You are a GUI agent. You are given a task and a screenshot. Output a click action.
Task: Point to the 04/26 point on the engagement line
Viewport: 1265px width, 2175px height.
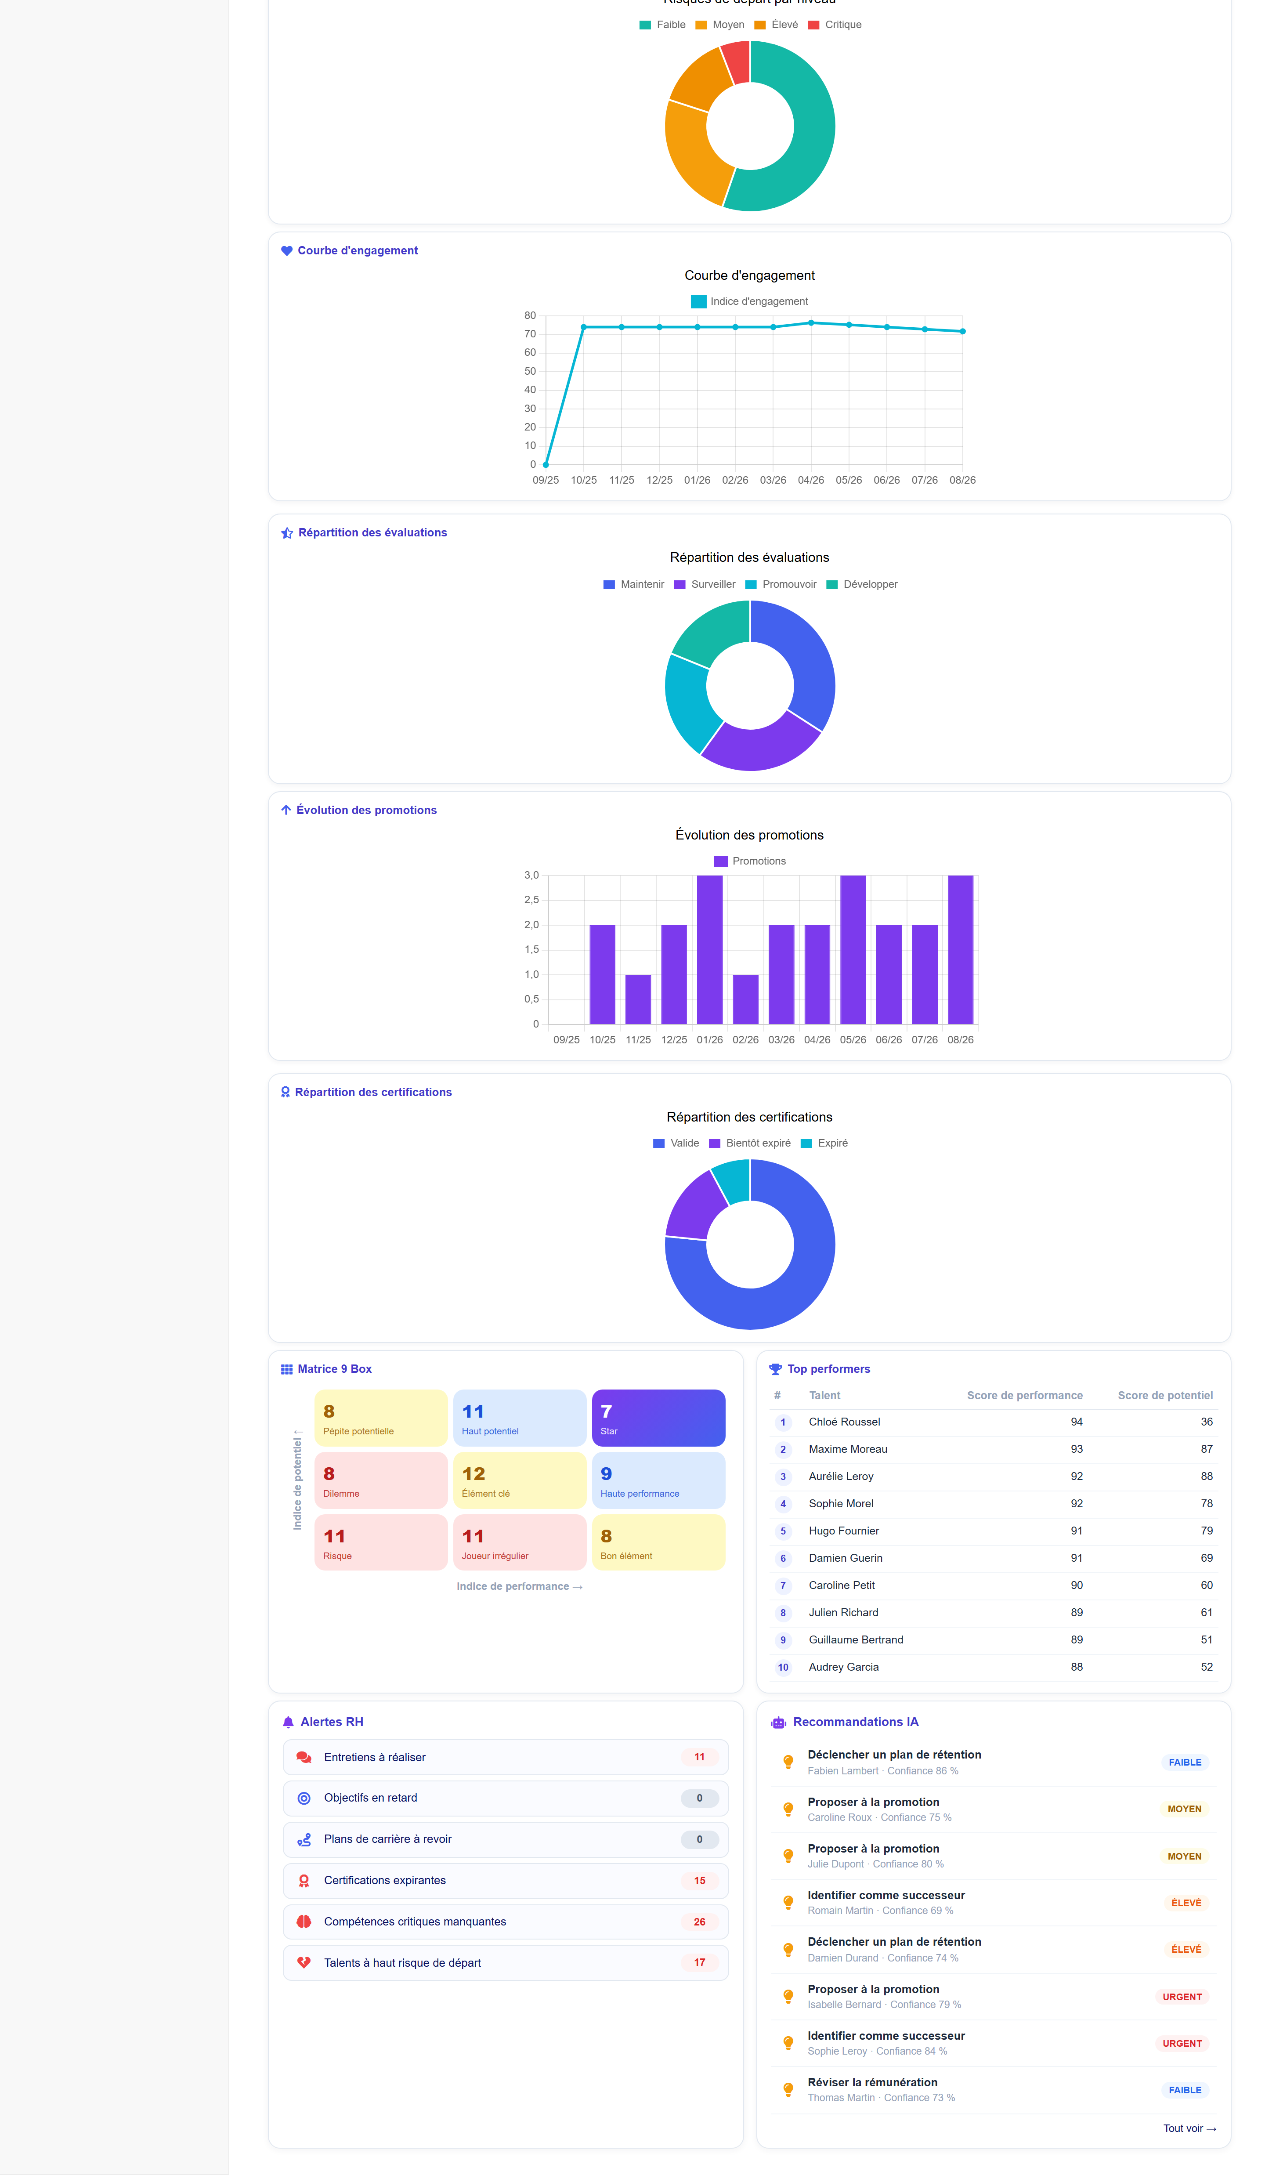click(811, 323)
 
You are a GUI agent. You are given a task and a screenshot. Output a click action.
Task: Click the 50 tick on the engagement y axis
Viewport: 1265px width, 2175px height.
click(530, 371)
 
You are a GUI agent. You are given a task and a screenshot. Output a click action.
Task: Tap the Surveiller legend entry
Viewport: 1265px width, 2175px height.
click(705, 584)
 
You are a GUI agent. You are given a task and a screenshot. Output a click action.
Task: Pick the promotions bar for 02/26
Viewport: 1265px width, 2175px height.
click(745, 999)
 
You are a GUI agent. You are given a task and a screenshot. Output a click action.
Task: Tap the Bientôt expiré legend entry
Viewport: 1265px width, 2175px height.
click(750, 1143)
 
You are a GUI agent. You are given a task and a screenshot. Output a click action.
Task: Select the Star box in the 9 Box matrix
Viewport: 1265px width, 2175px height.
click(658, 1418)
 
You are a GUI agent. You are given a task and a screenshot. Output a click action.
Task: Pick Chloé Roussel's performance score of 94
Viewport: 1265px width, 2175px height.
click(1076, 1422)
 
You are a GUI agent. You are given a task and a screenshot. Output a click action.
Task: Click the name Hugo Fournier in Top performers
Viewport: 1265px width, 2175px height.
click(844, 1530)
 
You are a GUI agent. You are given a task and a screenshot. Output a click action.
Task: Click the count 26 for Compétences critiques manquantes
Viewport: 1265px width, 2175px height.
click(699, 1921)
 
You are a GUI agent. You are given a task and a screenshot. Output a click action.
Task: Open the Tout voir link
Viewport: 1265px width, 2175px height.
click(1189, 2128)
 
